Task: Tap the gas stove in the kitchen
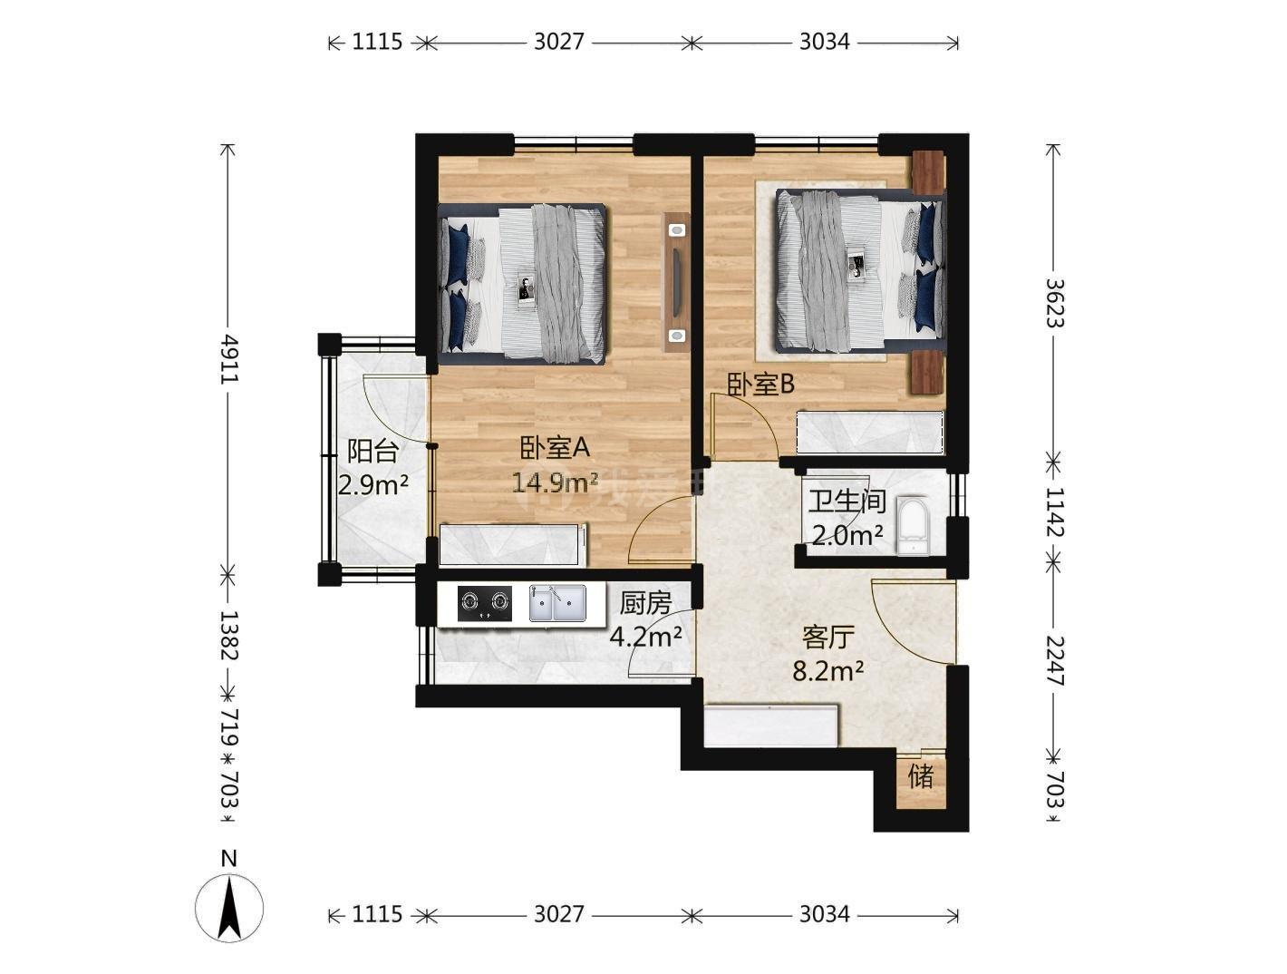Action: (x=484, y=602)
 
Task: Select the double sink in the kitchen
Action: (x=557, y=602)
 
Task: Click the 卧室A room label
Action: (x=554, y=448)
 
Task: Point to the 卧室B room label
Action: (x=760, y=384)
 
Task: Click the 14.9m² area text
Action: (x=555, y=482)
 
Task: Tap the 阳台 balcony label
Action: (x=373, y=451)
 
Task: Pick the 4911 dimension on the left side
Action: (x=228, y=358)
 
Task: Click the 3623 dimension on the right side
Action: (x=1054, y=303)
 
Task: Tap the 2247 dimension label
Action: (x=1054, y=661)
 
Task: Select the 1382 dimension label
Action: (x=228, y=635)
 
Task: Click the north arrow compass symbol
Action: (x=229, y=908)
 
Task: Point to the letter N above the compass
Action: (x=228, y=859)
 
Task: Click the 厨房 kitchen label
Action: (x=645, y=603)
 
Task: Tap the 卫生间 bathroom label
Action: (x=847, y=502)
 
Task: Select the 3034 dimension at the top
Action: (x=825, y=42)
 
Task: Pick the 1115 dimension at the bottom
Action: (x=376, y=914)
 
